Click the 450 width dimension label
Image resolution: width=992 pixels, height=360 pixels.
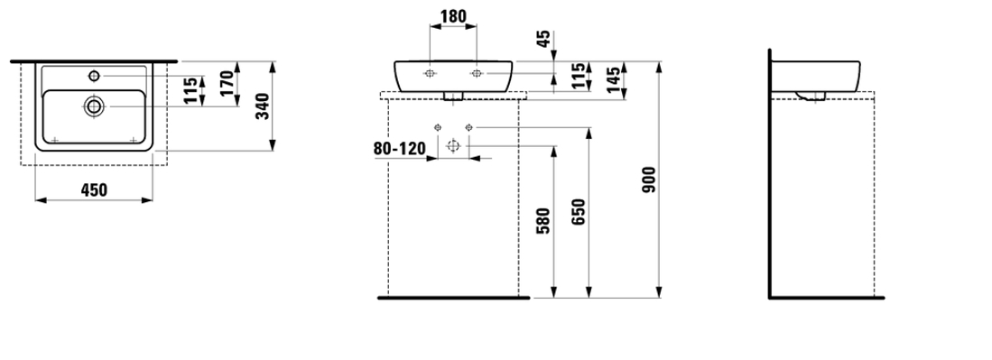click(94, 189)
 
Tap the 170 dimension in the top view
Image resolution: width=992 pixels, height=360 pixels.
click(227, 83)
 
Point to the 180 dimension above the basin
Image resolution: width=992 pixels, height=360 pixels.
click(453, 16)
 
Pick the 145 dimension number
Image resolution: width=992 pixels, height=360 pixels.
click(614, 80)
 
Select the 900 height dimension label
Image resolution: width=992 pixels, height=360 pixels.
click(650, 180)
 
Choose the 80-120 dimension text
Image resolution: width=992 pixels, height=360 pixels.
click(399, 149)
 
